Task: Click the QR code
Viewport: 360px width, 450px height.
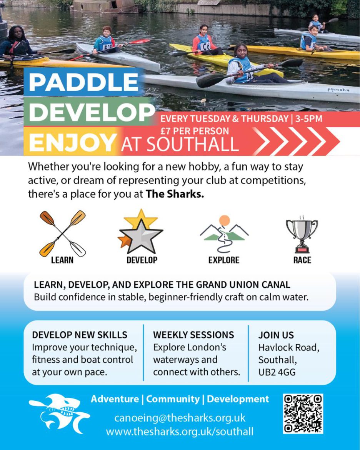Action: click(x=303, y=413)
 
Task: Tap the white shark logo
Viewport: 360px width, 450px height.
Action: click(x=59, y=413)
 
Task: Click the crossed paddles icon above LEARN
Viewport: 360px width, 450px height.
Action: click(x=63, y=233)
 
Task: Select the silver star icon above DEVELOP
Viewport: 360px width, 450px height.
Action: click(x=140, y=231)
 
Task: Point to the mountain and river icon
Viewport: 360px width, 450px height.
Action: click(x=224, y=233)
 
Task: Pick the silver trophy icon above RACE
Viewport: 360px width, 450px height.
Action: click(x=302, y=234)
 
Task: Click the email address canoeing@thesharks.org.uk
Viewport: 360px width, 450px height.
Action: click(x=180, y=418)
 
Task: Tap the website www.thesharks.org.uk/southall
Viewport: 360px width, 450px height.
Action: click(x=180, y=431)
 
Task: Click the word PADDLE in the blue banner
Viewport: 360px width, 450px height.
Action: click(x=83, y=82)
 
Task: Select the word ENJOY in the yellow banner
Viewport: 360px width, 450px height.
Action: click(x=72, y=142)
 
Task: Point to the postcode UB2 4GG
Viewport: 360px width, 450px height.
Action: click(x=277, y=372)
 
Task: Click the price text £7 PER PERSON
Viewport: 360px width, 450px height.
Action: click(x=195, y=131)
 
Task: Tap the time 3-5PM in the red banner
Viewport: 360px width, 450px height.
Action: click(x=308, y=119)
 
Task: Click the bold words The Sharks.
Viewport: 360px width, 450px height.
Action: click(x=175, y=194)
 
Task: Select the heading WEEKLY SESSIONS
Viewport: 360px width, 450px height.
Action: click(x=193, y=335)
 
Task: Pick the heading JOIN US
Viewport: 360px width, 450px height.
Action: click(x=276, y=335)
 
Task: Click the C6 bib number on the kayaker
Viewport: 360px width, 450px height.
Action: click(x=205, y=46)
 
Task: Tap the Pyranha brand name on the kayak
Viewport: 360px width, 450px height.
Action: click(x=338, y=90)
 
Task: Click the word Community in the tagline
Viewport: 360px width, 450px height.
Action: click(x=173, y=399)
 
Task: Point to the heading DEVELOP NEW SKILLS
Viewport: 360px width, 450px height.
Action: click(x=80, y=335)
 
